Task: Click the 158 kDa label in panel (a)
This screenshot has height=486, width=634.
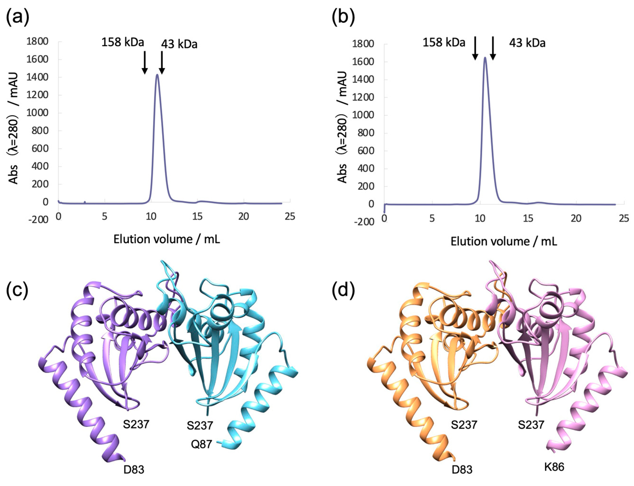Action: click(x=122, y=42)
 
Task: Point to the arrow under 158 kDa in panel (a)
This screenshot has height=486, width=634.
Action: click(x=145, y=62)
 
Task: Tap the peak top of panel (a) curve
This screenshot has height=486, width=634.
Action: click(x=157, y=75)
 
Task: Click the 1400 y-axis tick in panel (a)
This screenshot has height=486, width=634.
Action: click(x=37, y=77)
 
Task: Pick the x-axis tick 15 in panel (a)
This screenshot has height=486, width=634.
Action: click(x=197, y=217)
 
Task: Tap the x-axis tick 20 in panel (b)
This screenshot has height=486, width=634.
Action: click(x=576, y=218)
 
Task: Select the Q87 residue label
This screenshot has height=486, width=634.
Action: click(x=201, y=444)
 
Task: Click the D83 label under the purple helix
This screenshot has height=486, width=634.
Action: click(x=134, y=470)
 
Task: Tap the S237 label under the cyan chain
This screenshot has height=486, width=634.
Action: click(x=200, y=425)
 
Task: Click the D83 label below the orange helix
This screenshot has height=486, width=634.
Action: click(x=462, y=470)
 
